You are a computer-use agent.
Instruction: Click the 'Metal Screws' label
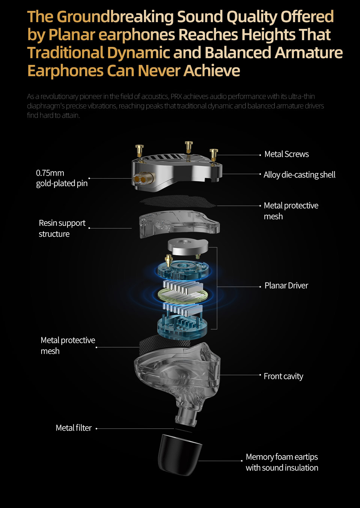click(286, 154)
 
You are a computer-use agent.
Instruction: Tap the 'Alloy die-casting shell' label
click(299, 175)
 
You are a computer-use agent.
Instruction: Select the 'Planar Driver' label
click(286, 286)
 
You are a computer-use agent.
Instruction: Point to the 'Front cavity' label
click(283, 376)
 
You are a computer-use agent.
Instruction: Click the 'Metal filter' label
click(73, 428)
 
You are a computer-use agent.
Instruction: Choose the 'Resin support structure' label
click(62, 228)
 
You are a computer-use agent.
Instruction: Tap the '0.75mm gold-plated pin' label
click(61, 178)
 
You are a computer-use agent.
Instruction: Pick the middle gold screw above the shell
click(189, 147)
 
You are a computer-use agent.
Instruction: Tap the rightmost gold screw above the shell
click(214, 154)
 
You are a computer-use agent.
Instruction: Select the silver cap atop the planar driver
click(187, 246)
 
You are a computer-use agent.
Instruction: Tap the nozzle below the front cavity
click(187, 416)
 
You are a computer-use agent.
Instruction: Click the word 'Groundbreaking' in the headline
click(115, 17)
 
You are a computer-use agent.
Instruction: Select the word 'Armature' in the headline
click(309, 53)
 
